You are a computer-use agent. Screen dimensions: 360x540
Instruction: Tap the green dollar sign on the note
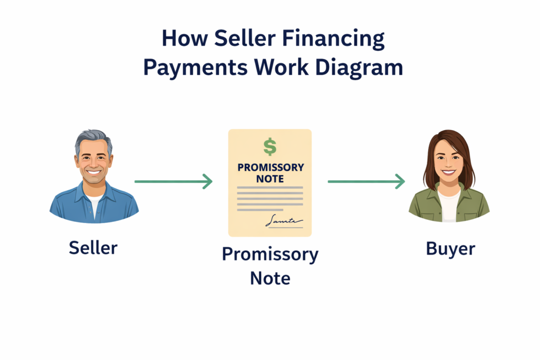(269, 147)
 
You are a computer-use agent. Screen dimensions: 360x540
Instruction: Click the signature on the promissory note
(283, 221)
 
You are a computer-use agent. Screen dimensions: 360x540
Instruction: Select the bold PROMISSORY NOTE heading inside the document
(270, 173)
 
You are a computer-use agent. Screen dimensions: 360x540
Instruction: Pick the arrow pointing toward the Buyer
(366, 182)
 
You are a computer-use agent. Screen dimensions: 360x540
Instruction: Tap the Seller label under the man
(93, 248)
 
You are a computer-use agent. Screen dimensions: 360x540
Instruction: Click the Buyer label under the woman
(450, 249)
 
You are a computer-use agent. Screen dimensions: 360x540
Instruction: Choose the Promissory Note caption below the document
(270, 266)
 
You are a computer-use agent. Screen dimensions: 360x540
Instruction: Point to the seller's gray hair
(93, 138)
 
